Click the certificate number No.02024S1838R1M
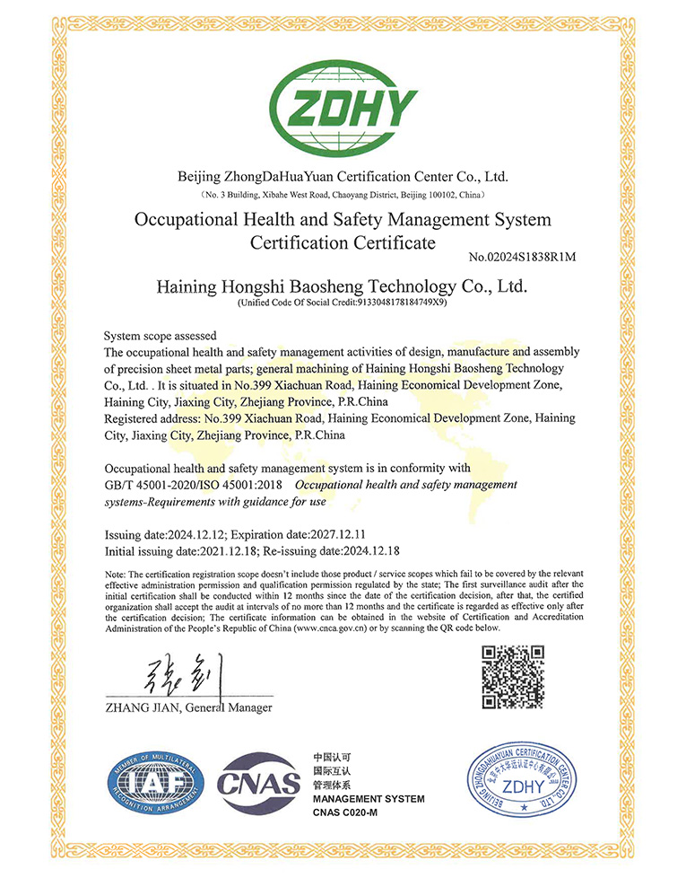pos(521,258)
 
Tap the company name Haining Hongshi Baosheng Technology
pos(342,286)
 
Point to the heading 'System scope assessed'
pos(161,335)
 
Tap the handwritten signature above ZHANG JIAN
pos(179,676)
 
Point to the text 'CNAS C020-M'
pos(346,812)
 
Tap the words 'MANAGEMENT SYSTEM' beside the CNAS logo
pos(368,799)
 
